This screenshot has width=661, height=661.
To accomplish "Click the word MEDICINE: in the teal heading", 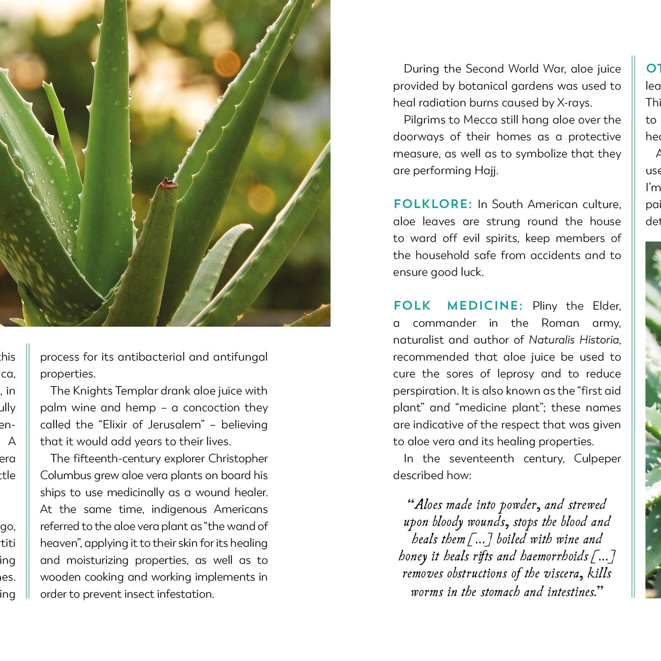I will pyautogui.click(x=485, y=306).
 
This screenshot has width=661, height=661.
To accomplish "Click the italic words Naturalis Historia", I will pyautogui.click(x=574, y=340).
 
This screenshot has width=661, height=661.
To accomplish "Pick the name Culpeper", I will pyautogui.click(x=597, y=459).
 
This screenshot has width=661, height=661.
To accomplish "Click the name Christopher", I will pyautogui.click(x=238, y=459).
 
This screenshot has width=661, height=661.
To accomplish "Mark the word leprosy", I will pyautogui.click(x=516, y=374).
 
